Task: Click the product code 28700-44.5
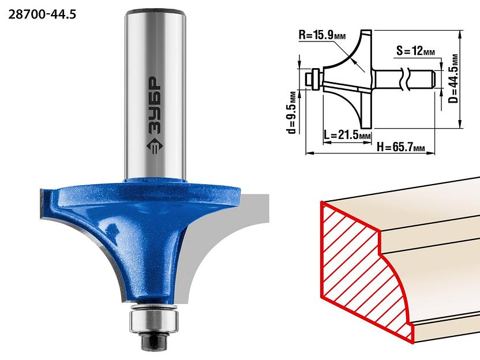(x=42, y=14)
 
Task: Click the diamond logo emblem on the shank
(x=156, y=147)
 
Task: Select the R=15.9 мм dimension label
(x=322, y=35)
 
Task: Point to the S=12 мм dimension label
(x=415, y=51)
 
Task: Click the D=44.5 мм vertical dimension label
(x=454, y=79)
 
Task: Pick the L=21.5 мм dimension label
(x=347, y=134)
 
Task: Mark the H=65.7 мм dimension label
(x=401, y=147)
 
